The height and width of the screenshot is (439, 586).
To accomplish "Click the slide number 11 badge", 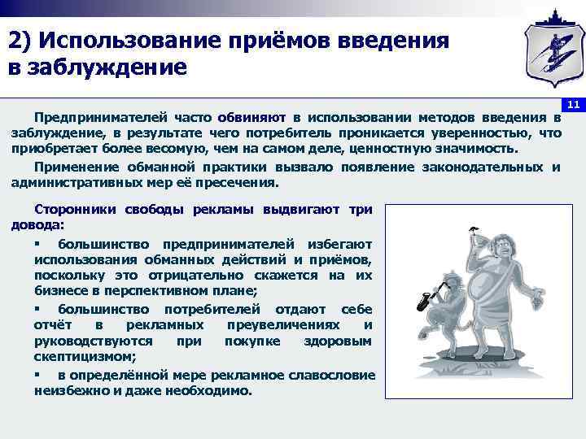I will click(573, 105).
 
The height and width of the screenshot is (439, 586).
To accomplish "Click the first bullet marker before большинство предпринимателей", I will click(37, 244).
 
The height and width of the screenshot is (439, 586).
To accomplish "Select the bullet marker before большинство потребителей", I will click(37, 310).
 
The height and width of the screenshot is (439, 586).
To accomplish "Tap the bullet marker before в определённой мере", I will click(37, 375).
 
